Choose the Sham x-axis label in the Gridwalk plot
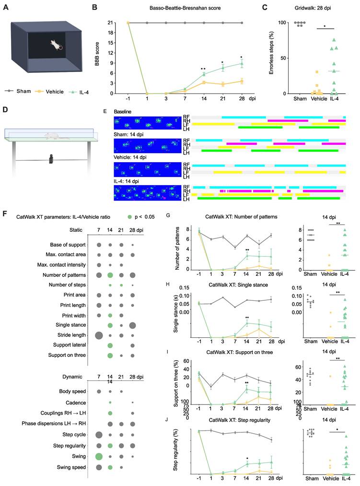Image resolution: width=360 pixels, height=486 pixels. tap(301, 99)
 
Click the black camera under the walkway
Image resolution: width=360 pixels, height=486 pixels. tap(51, 159)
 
